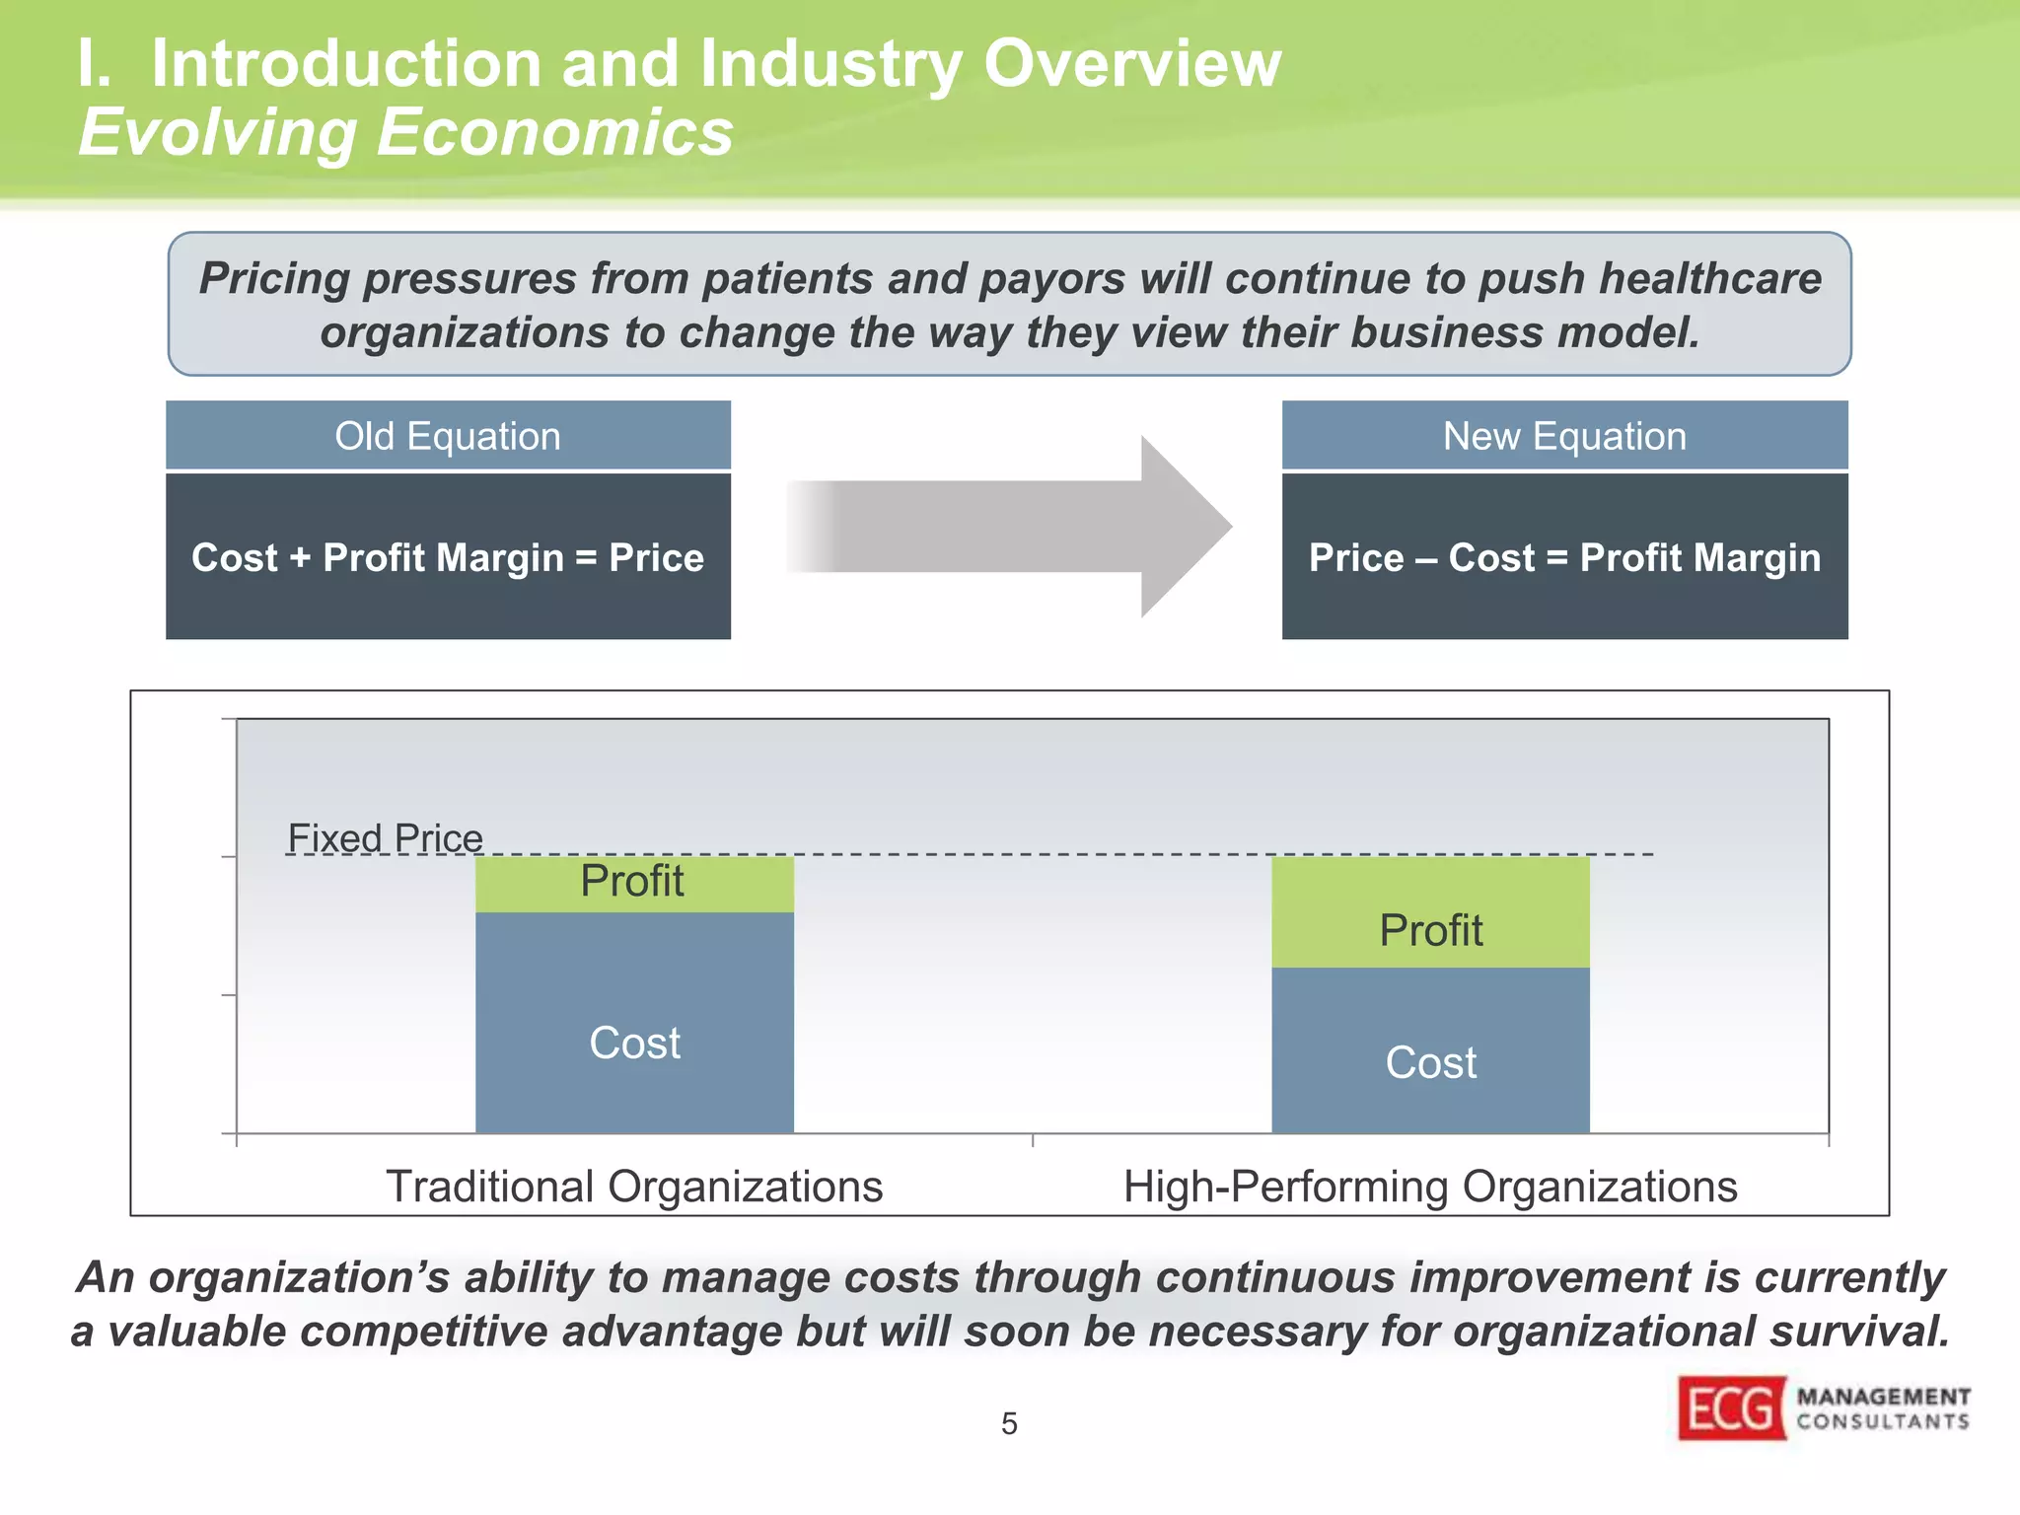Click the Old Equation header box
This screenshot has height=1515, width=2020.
pyautogui.click(x=448, y=435)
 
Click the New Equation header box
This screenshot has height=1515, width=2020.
pyautogui.click(x=1564, y=435)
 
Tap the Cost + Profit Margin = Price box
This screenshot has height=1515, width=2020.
pyautogui.click(x=448, y=557)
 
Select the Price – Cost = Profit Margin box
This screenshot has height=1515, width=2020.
pyautogui.click(x=1564, y=557)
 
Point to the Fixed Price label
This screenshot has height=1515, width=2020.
pyautogui.click(x=385, y=838)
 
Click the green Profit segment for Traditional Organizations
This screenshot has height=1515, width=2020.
pyautogui.click(x=634, y=883)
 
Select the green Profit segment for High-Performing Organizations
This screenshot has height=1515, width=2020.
pyautogui.click(x=1430, y=912)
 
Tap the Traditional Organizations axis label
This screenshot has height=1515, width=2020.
pyautogui.click(x=634, y=1186)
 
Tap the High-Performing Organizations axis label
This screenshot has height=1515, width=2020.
pyautogui.click(x=1430, y=1186)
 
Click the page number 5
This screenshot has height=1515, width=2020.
pyautogui.click(x=1009, y=1423)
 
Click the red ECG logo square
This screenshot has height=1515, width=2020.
pyautogui.click(x=1731, y=1407)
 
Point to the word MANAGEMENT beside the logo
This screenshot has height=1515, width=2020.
pyautogui.click(x=1883, y=1397)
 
